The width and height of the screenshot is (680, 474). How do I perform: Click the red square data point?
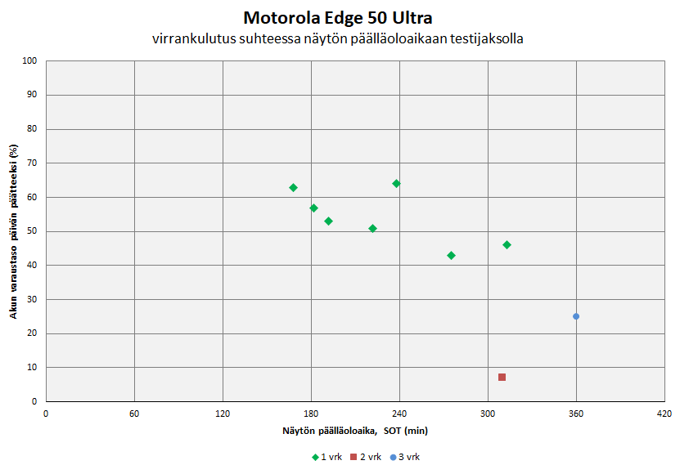[x=502, y=377]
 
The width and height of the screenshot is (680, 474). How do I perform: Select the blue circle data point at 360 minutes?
[x=576, y=316]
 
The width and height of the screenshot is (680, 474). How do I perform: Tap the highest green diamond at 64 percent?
[x=396, y=183]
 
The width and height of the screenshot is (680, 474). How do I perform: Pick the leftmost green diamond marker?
[x=293, y=188]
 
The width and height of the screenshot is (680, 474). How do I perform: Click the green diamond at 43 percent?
[x=451, y=256]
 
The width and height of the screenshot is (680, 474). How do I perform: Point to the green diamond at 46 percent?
[x=507, y=244]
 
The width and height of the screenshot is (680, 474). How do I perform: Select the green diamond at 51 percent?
[x=372, y=228]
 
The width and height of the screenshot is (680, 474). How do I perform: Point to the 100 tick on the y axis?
[x=30, y=60]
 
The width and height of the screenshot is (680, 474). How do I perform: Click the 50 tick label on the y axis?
[x=33, y=231]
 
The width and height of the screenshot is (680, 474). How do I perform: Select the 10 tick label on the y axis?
[x=33, y=368]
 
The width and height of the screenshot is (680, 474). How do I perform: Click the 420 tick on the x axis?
[x=664, y=414]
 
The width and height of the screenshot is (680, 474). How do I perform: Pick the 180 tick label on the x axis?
[x=311, y=414]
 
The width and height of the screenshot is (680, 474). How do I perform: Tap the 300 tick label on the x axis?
[x=488, y=414]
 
